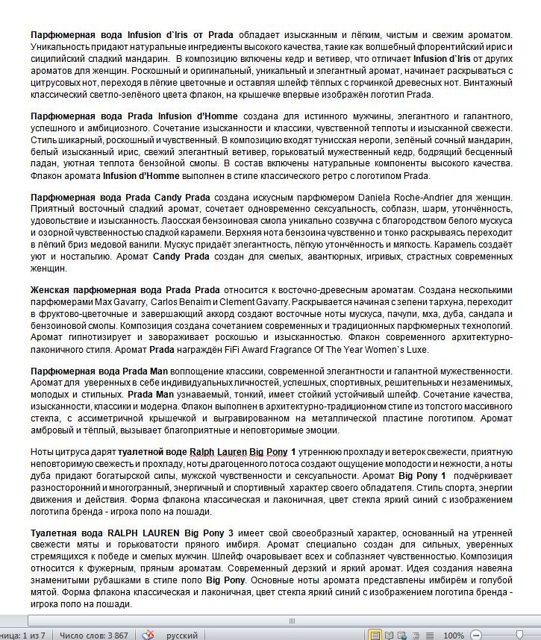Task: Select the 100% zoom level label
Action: (x=454, y=635)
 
